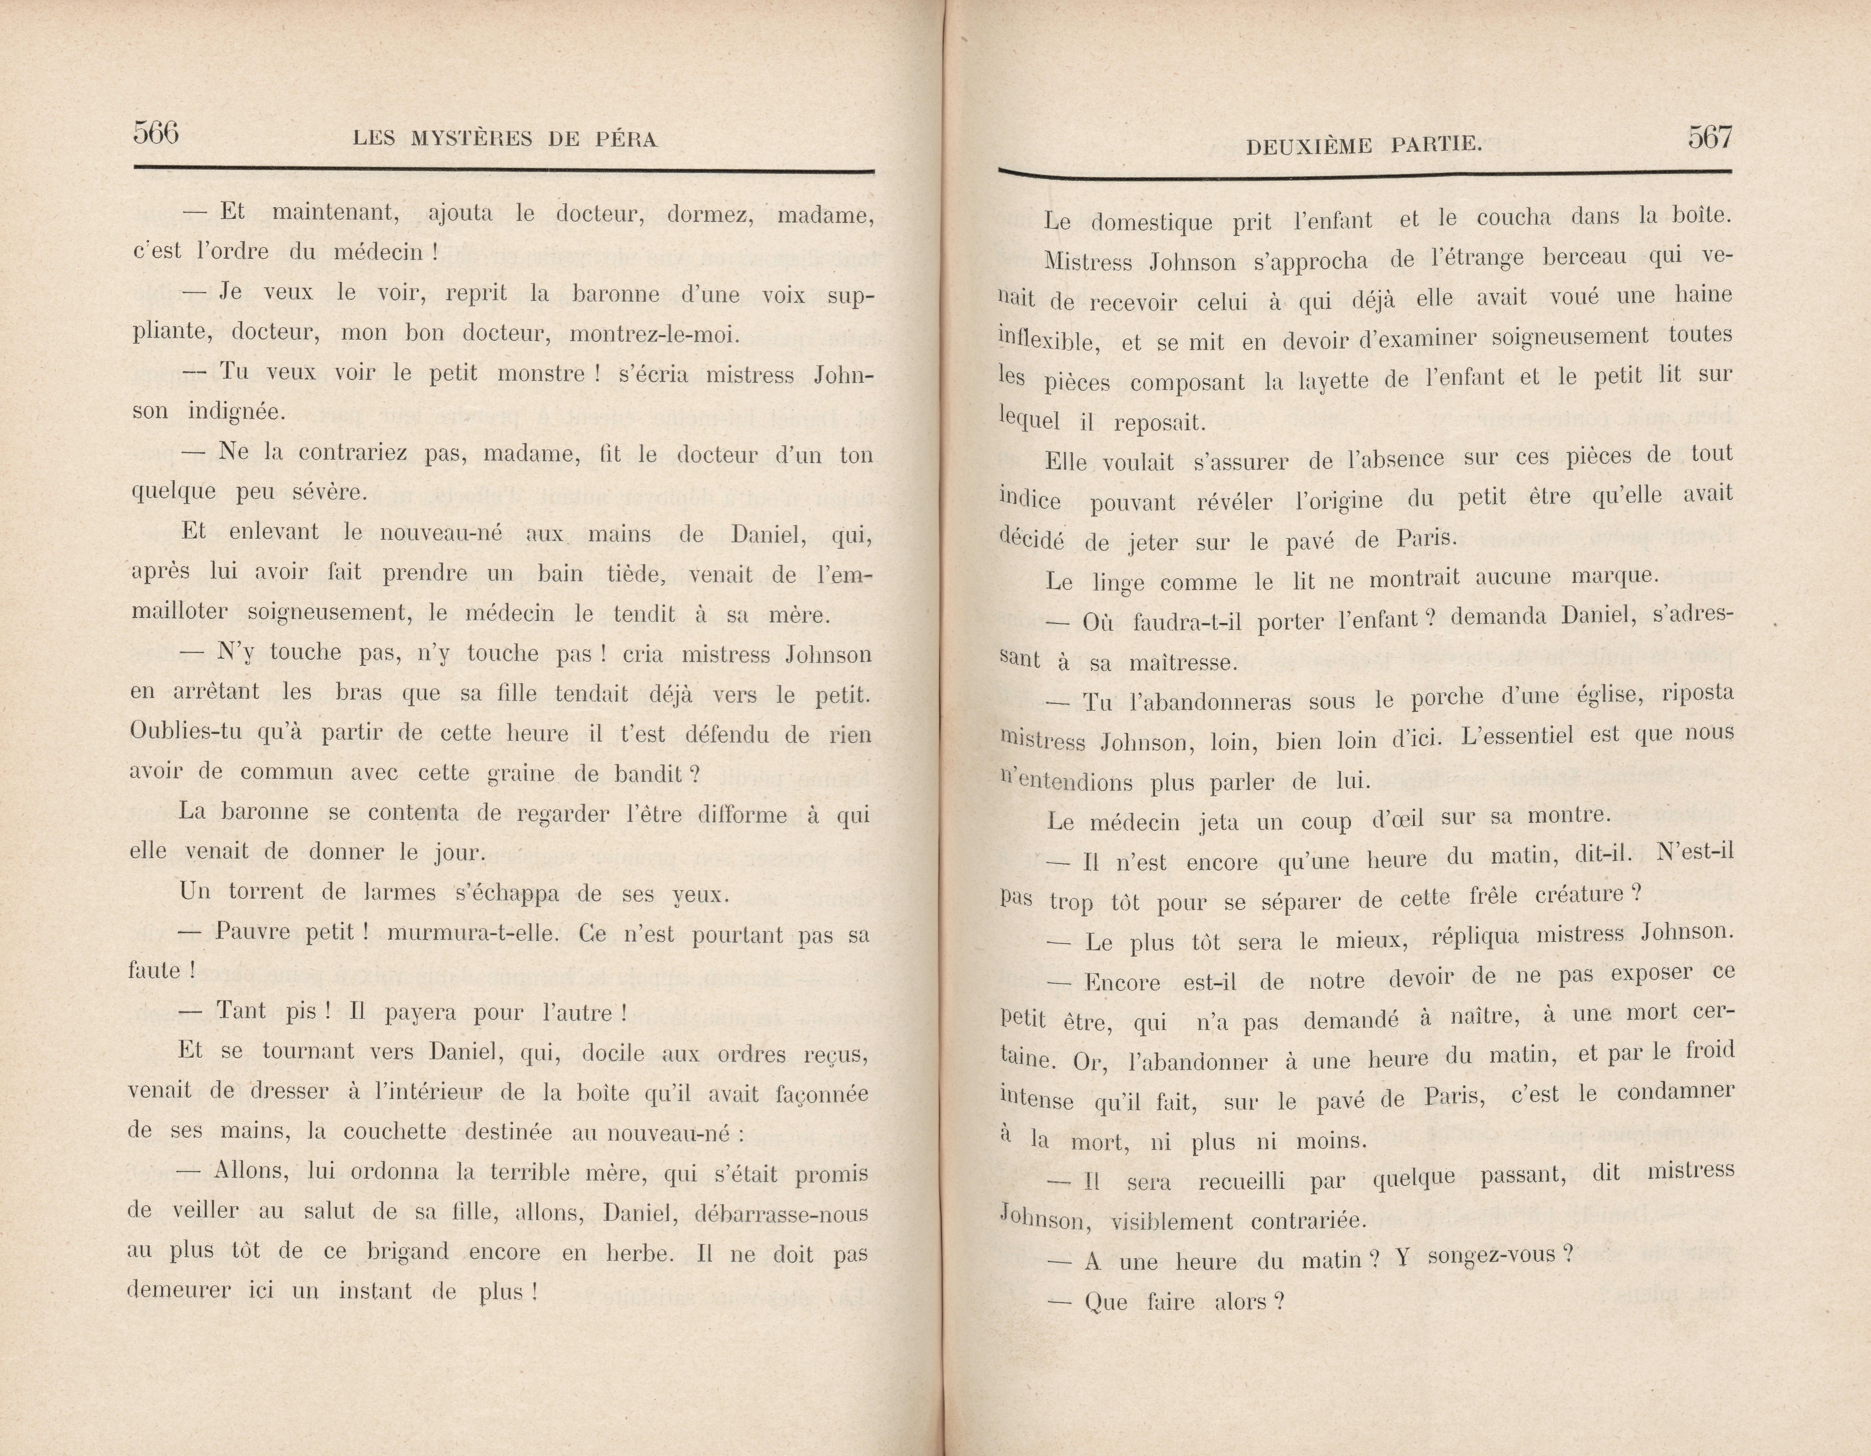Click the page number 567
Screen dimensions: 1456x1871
click(x=1710, y=137)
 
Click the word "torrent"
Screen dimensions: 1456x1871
click(x=265, y=892)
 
